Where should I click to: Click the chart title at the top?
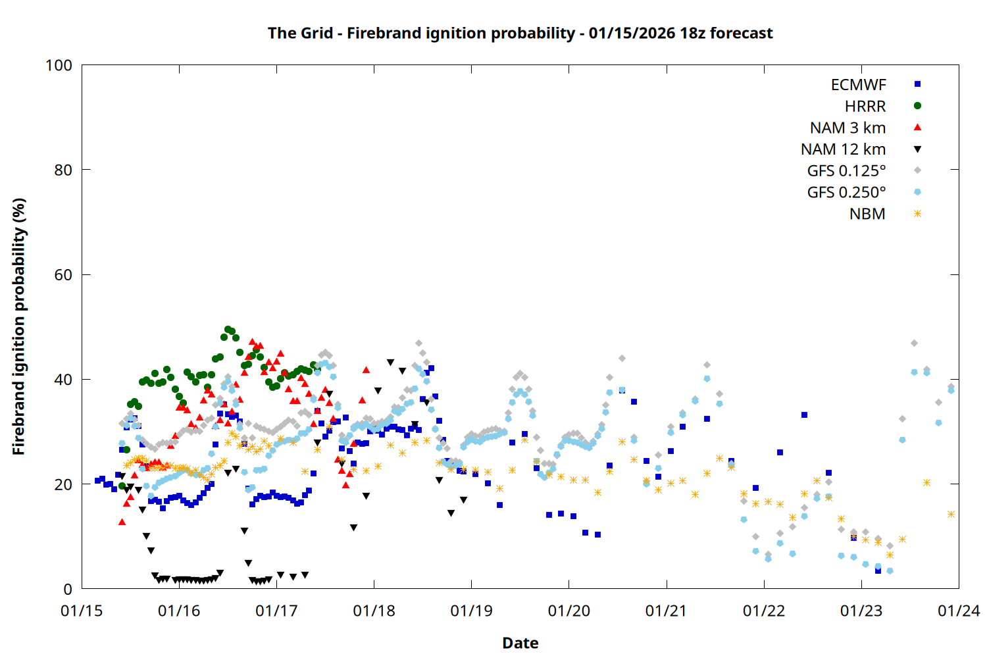click(520, 33)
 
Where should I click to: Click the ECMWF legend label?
click(858, 85)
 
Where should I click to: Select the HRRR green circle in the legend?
click(917, 106)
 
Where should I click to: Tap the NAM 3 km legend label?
click(848, 128)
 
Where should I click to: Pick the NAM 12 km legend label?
click(843, 149)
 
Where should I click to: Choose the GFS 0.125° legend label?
click(846, 171)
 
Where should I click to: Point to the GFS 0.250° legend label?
click(846, 193)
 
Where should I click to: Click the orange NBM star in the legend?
click(917, 214)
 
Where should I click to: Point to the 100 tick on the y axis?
click(59, 65)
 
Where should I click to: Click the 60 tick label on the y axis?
click(63, 275)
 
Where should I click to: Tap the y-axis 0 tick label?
click(68, 590)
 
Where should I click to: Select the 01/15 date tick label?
click(82, 611)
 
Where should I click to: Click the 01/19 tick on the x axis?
click(471, 611)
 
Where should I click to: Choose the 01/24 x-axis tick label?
click(959, 611)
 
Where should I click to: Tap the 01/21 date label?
click(666, 611)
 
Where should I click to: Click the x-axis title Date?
click(520, 643)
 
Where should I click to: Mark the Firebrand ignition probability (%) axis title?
click(18, 326)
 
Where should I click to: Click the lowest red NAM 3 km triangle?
click(122, 522)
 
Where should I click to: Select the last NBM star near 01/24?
click(951, 515)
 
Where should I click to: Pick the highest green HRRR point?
click(228, 329)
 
